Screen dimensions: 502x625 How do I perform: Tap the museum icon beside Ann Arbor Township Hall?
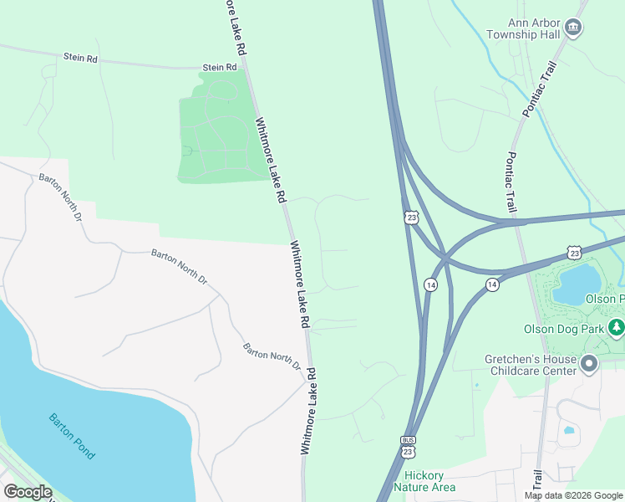(x=573, y=28)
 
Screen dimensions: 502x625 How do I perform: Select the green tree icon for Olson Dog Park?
(x=617, y=327)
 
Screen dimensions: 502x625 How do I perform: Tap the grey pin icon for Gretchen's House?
(x=589, y=363)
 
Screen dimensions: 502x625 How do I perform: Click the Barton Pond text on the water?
(x=71, y=435)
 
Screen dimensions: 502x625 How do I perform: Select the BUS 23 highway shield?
(x=408, y=448)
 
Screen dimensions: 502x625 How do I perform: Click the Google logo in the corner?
(x=28, y=492)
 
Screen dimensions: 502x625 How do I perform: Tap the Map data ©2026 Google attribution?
(x=573, y=495)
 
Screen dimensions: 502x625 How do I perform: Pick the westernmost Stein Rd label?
(x=80, y=58)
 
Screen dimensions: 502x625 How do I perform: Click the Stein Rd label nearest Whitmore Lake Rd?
(x=220, y=68)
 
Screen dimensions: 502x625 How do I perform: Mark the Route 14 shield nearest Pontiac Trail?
(x=492, y=285)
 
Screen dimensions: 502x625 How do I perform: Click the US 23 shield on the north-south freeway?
(x=409, y=218)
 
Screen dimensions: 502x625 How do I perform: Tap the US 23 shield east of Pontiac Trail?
(x=573, y=252)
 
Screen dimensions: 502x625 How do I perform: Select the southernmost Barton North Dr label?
(x=272, y=356)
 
